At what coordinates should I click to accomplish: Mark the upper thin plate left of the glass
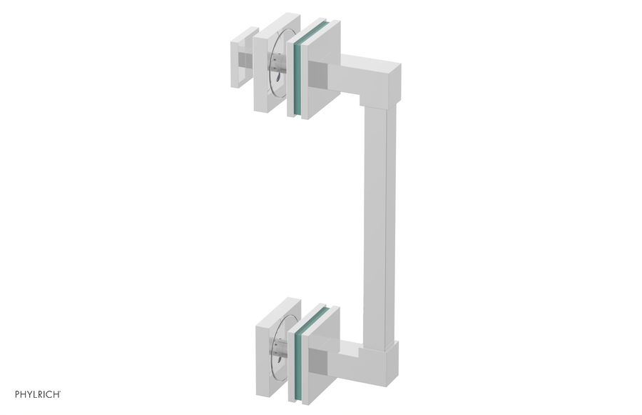tap(292, 75)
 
